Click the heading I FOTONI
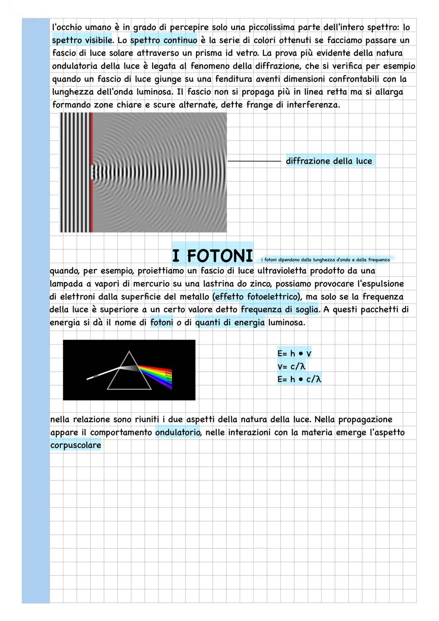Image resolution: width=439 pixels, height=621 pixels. [x=212, y=256]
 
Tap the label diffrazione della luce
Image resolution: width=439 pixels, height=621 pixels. [x=329, y=161]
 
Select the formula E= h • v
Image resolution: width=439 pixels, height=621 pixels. [x=294, y=353]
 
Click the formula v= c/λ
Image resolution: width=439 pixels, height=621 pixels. [x=291, y=366]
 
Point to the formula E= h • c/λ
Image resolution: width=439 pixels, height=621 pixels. [x=299, y=379]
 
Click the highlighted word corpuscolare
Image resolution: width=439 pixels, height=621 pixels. [x=76, y=445]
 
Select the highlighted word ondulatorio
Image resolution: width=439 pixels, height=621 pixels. [x=178, y=432]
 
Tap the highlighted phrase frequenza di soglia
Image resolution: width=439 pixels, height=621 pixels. [x=280, y=309]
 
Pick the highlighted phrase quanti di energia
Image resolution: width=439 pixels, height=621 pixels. [x=230, y=322]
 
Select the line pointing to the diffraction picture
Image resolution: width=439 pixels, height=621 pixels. [x=254, y=161]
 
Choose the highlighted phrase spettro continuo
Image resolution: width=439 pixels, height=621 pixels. [x=163, y=40]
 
